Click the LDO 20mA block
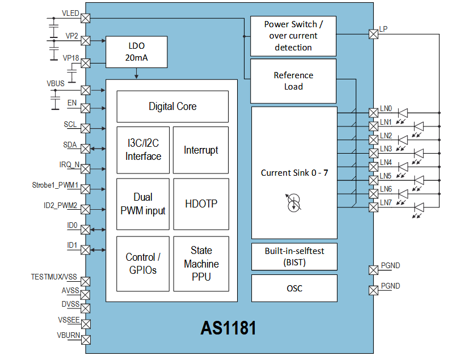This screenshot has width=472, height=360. (x=137, y=52)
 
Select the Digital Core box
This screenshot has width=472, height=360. (x=172, y=107)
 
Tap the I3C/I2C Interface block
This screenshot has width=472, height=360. (x=143, y=150)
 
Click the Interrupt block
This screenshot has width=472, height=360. (x=201, y=150)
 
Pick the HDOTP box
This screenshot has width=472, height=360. (x=201, y=204)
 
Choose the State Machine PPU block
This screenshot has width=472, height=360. (x=201, y=264)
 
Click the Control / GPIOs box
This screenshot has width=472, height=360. (x=143, y=264)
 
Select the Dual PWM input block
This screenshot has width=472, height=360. (x=143, y=204)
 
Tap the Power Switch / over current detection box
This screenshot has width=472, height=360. (x=293, y=36)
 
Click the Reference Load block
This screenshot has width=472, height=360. (x=293, y=81)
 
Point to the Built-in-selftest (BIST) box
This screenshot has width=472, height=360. (x=294, y=256)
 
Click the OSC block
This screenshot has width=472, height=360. (x=294, y=288)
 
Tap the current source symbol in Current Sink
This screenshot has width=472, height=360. (x=294, y=202)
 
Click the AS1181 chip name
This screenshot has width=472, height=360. (x=228, y=328)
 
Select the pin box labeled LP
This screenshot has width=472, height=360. (x=373, y=35)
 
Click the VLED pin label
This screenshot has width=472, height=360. (x=70, y=13)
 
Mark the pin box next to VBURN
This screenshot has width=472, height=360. (x=86, y=340)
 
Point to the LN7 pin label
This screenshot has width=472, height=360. (x=386, y=202)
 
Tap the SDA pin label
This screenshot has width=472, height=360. (x=70, y=145)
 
